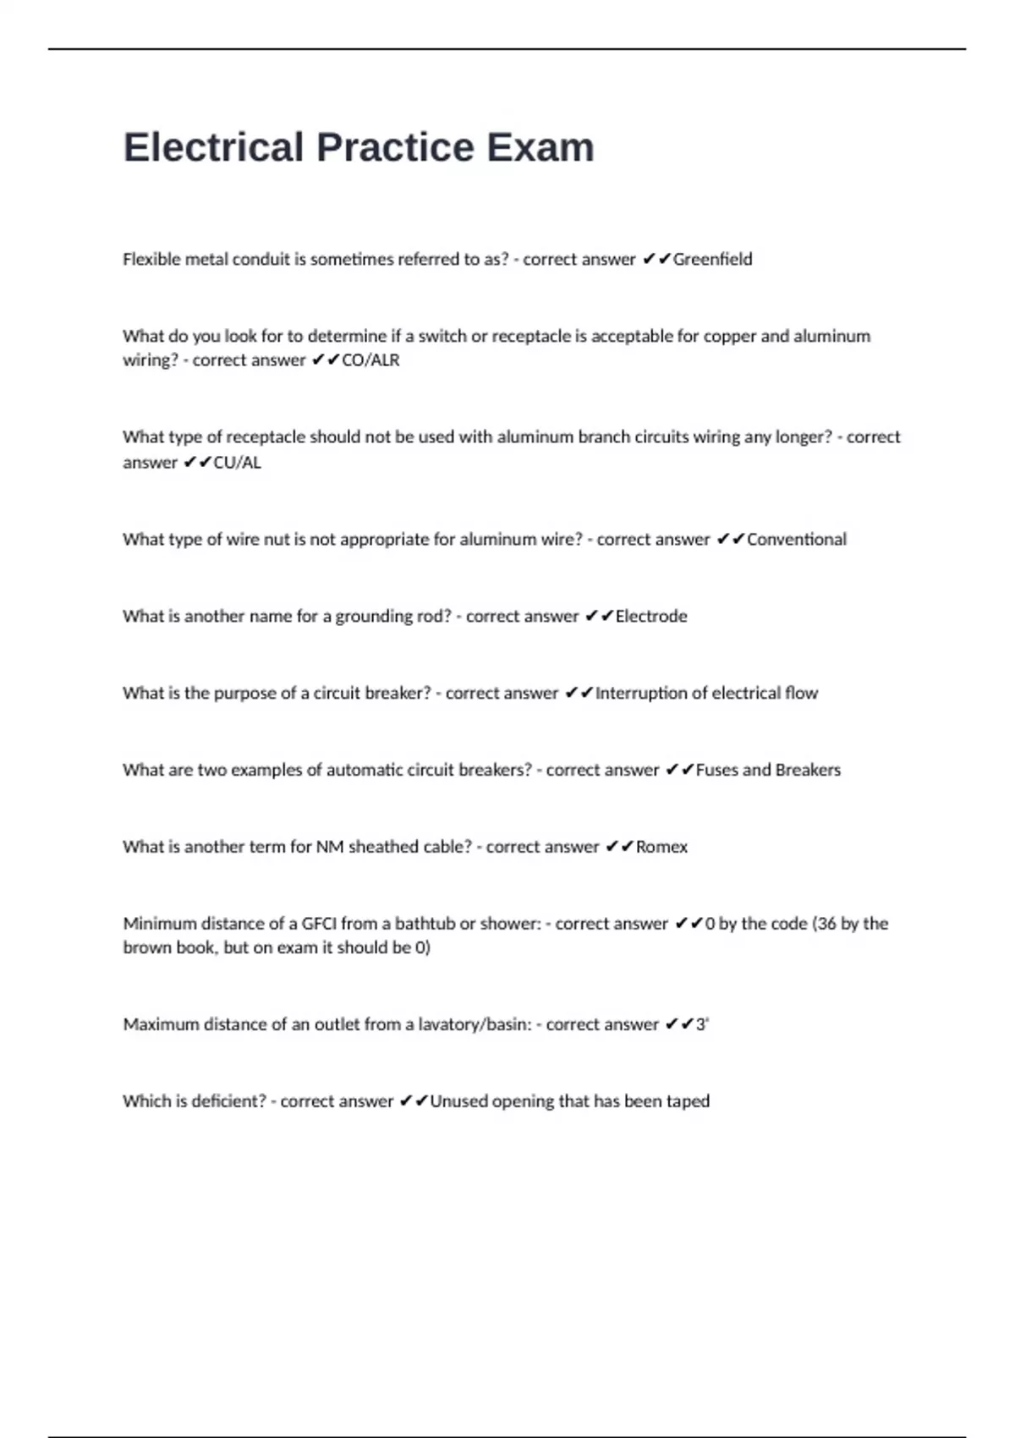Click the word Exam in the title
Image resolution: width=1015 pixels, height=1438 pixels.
coord(540,147)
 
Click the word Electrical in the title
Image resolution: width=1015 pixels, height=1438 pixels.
coord(213,147)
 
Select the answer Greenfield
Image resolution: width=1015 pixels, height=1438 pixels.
coord(712,260)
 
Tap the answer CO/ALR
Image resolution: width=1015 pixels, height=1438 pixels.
coord(370,360)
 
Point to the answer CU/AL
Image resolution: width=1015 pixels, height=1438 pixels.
coord(238,463)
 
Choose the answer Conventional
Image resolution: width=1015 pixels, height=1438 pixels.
coord(796,540)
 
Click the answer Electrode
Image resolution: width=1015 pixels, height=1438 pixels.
coord(651,617)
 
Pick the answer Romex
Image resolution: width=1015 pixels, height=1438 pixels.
coord(661,848)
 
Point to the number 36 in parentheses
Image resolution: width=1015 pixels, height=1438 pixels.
coord(826,924)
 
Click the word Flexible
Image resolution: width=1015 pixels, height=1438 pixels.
coord(151,260)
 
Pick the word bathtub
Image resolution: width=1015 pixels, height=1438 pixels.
coord(424,924)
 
